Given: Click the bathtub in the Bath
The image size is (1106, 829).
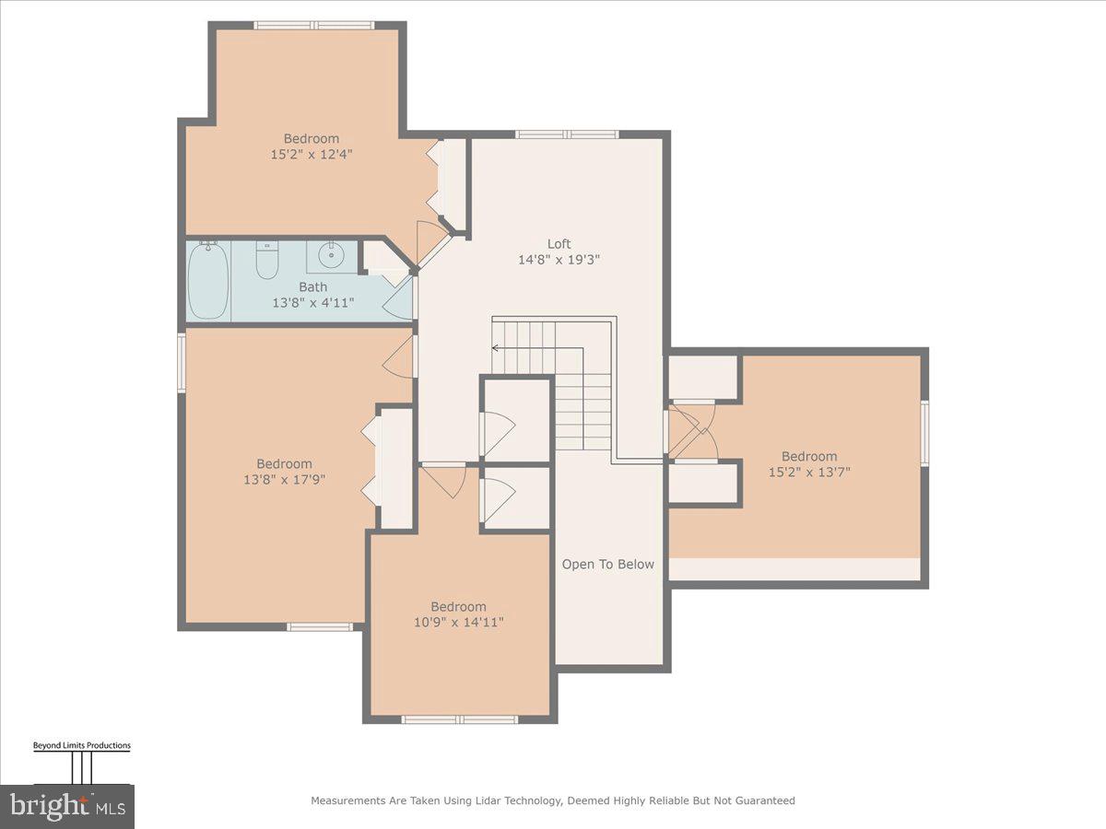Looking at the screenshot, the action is pyautogui.click(x=207, y=280).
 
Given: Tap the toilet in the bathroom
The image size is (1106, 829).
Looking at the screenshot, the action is pyautogui.click(x=267, y=259).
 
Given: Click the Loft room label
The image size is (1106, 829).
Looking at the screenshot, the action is pyautogui.click(x=559, y=244).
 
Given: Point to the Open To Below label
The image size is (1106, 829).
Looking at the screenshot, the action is pyautogui.click(x=607, y=565).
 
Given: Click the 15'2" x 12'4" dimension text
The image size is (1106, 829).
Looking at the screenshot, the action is pyautogui.click(x=311, y=154).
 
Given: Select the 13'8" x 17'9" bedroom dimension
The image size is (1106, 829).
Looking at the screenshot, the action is pyautogui.click(x=284, y=479).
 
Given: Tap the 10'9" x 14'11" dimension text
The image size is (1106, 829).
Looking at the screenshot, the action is pyautogui.click(x=458, y=622).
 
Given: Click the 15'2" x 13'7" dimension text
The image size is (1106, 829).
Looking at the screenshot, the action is pyautogui.click(x=809, y=473).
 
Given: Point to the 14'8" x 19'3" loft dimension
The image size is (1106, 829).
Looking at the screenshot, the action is pyautogui.click(x=559, y=260).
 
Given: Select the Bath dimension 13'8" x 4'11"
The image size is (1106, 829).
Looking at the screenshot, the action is pyautogui.click(x=312, y=303).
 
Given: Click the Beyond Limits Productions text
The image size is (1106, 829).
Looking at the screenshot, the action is pyautogui.click(x=82, y=745).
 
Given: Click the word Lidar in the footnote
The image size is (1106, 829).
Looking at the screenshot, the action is pyautogui.click(x=488, y=800).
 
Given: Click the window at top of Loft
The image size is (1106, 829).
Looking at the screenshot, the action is pyautogui.click(x=567, y=134).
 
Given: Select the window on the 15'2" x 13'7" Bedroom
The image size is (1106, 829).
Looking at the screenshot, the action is pyautogui.click(x=924, y=431).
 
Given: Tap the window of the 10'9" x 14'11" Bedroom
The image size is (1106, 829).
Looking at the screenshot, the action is pyautogui.click(x=460, y=719).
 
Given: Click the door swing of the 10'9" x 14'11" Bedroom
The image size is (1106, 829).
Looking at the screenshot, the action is pyautogui.click(x=444, y=482).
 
